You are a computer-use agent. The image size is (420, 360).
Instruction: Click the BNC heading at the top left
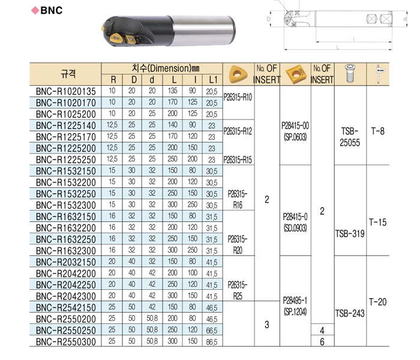pyautogui.click(x=52, y=10)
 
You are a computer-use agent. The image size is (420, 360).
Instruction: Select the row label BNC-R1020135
pyautogui.click(x=65, y=91)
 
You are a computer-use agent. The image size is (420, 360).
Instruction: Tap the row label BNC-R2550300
pyautogui.click(x=65, y=342)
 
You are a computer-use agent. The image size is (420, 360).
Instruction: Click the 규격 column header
pyautogui.click(x=68, y=74)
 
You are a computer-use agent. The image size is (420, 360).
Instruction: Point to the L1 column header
pyautogui.click(x=213, y=80)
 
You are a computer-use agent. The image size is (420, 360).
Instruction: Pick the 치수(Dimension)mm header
pyautogui.click(x=166, y=68)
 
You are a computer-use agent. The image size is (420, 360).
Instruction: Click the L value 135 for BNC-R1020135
pyautogui.click(x=173, y=91)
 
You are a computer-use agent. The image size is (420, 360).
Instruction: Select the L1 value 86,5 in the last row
pyautogui.click(x=212, y=342)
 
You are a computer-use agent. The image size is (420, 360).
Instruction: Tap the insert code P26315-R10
pyautogui.click(x=238, y=97)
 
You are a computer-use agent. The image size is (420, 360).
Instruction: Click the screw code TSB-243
pyautogui.click(x=350, y=313)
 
